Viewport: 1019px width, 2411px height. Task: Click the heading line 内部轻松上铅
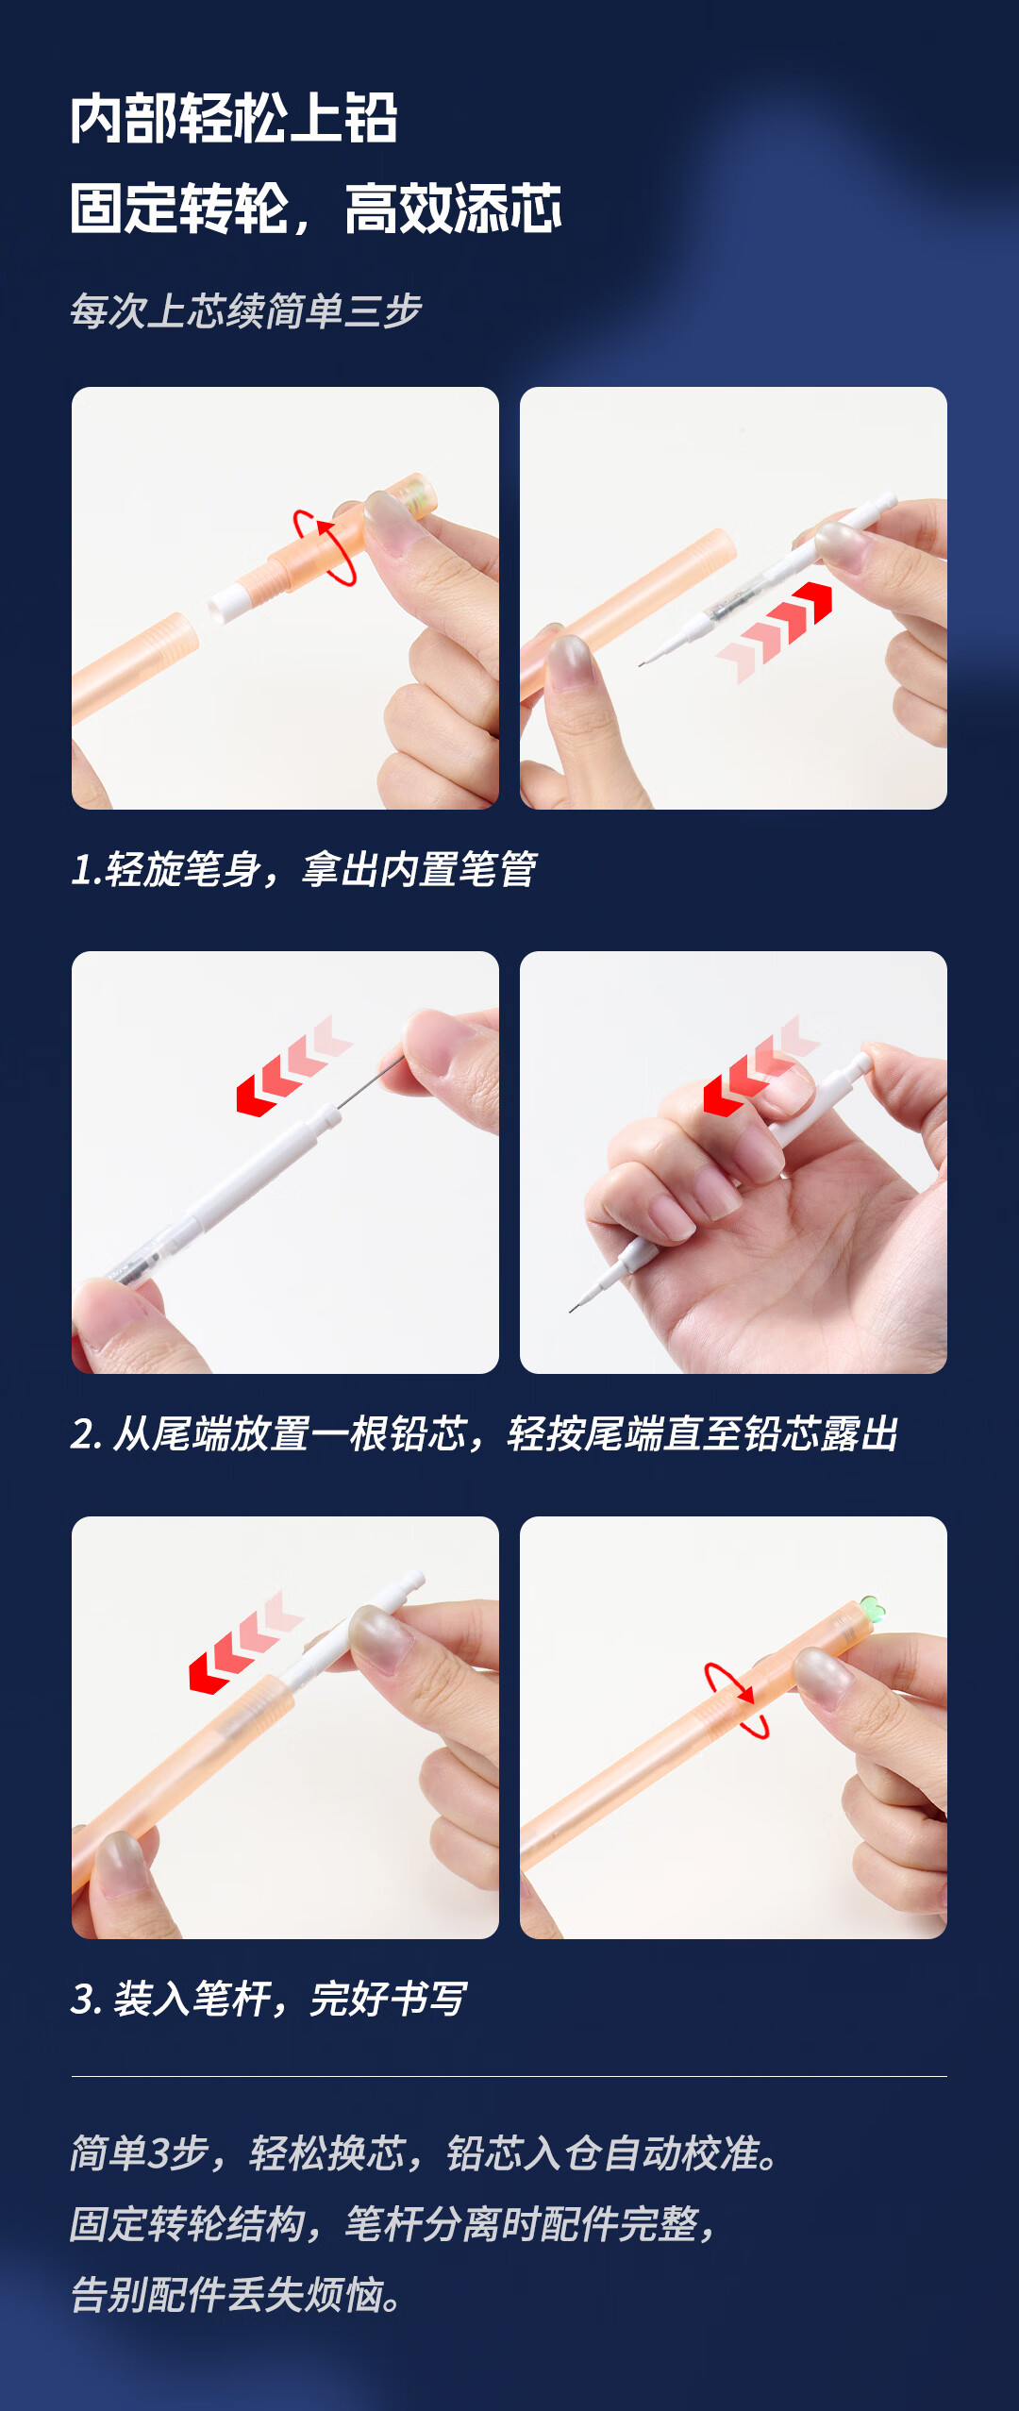pyautogui.click(x=234, y=119)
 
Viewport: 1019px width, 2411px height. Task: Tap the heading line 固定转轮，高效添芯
pyautogui.click(x=316, y=209)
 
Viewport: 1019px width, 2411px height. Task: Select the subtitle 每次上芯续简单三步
pyautogui.click(x=245, y=310)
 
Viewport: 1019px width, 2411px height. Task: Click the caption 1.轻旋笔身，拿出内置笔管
pyautogui.click(x=304, y=869)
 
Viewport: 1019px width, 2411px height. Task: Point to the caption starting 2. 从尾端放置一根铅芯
pyautogui.click(x=485, y=1433)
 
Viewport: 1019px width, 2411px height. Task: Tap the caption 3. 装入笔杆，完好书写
pyautogui.click(x=269, y=1998)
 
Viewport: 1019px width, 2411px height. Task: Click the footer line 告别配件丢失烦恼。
pyautogui.click(x=237, y=2295)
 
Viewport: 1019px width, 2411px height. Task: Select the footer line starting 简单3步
pyautogui.click(x=426, y=2153)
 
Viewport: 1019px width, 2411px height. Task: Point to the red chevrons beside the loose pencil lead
pyautogui.click(x=294, y=1066)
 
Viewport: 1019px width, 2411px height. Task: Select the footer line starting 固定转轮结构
pyautogui.click(x=393, y=2224)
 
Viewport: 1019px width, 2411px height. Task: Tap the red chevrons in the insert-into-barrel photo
pyautogui.click(x=246, y=1642)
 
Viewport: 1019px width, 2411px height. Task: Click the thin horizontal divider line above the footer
pyautogui.click(x=509, y=2076)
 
